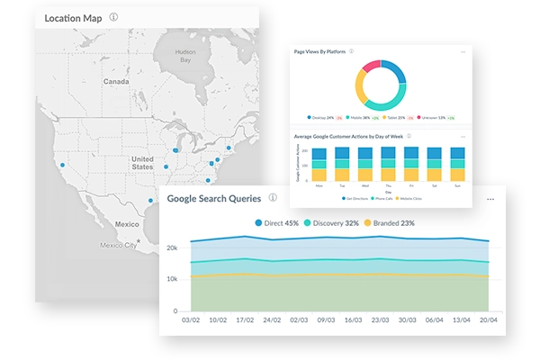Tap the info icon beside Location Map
(113, 17)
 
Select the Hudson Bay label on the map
(185, 57)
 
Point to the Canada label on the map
(116, 81)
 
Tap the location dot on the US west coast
(61, 165)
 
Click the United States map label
(142, 162)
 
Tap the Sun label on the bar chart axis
(458, 184)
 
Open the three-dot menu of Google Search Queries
(490, 199)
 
